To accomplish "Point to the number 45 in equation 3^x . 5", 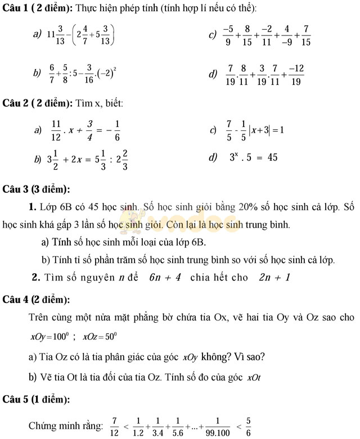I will pyautogui.click(x=271, y=157).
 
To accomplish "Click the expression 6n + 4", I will pyautogui.click(x=165, y=277).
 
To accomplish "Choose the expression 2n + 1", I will pyautogui.click(x=274, y=277).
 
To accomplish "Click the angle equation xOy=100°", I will pyautogui.click(x=49, y=337).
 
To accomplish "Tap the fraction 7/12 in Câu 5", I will pyautogui.click(x=114, y=427).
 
